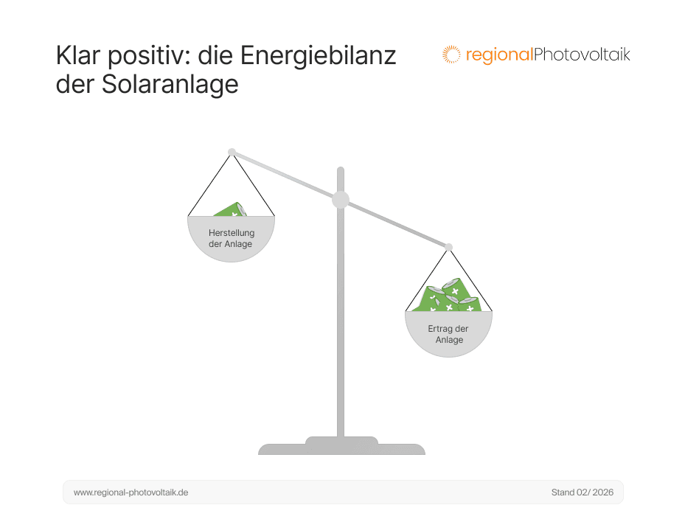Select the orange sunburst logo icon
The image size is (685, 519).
point(451,55)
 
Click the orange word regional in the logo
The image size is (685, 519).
point(498,55)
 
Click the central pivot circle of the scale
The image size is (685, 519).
point(341,199)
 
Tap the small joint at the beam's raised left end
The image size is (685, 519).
point(232,152)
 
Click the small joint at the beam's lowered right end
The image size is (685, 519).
point(448,247)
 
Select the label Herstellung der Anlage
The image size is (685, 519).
point(232,239)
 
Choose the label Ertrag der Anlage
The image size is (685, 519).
point(448,334)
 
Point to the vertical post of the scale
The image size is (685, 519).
point(341,332)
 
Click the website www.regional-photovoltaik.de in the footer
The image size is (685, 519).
point(131,492)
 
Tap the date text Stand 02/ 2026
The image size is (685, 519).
point(582,492)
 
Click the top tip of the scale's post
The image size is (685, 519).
point(341,170)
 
